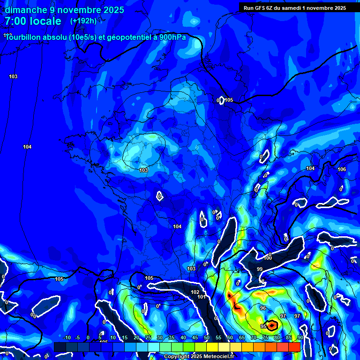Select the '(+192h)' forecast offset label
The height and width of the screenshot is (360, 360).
(83, 21)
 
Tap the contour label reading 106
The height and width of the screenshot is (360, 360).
(342, 169)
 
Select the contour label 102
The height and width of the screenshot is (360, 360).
(195, 292)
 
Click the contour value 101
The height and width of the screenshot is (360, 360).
(201, 297)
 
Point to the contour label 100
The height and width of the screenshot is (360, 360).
(268, 258)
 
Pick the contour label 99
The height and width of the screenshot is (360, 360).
(260, 269)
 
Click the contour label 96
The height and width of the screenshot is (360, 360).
(263, 308)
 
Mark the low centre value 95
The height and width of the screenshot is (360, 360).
(263, 326)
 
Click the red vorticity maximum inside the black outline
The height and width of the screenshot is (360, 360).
(272, 325)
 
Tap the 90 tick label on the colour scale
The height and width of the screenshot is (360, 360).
(300, 337)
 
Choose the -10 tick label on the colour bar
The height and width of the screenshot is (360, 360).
(66, 337)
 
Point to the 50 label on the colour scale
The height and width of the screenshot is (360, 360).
(207, 337)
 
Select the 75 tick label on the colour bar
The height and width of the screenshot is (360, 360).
(265, 337)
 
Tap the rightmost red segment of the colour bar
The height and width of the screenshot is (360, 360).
(294, 347)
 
